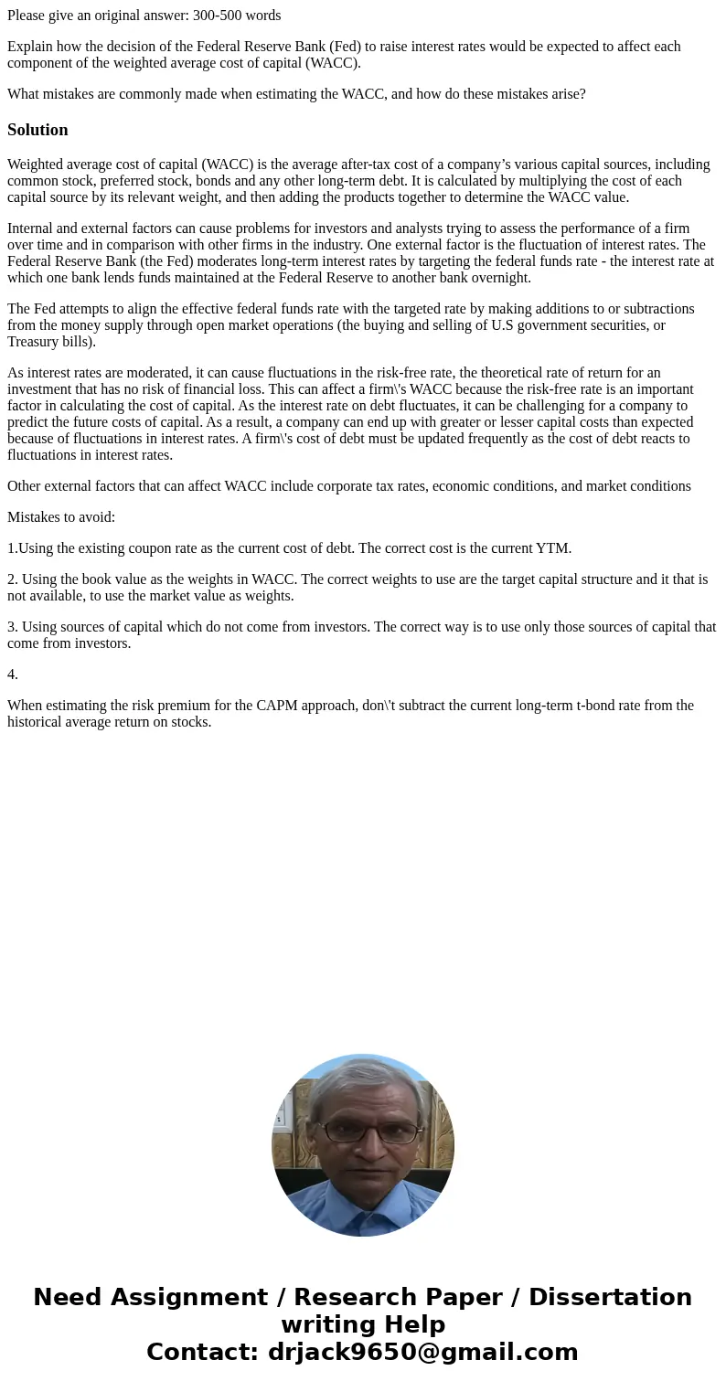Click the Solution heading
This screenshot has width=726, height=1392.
click(x=37, y=130)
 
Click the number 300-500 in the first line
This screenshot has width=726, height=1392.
click(x=219, y=16)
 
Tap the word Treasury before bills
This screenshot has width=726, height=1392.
click(x=33, y=342)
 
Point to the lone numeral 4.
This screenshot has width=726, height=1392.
click(x=12, y=675)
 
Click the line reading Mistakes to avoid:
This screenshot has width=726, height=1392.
click(x=61, y=517)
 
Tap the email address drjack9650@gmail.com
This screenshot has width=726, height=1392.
click(x=422, y=1352)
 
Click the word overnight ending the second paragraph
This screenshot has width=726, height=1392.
click(x=498, y=278)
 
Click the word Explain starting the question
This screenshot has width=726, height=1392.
click(x=30, y=47)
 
